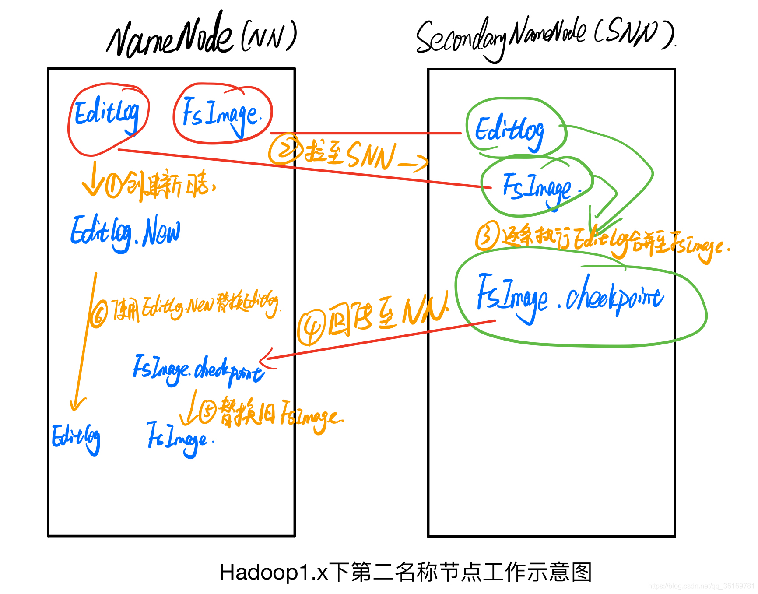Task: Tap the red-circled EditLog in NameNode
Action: pyautogui.click(x=107, y=114)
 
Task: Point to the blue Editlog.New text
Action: pyautogui.click(x=125, y=232)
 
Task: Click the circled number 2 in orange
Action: pyautogui.click(x=285, y=149)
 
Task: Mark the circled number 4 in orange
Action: pyautogui.click(x=311, y=328)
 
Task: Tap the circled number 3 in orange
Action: pyautogui.click(x=487, y=235)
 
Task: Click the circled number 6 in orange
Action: pyautogui.click(x=98, y=313)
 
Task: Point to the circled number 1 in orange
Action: pyautogui.click(x=114, y=186)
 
